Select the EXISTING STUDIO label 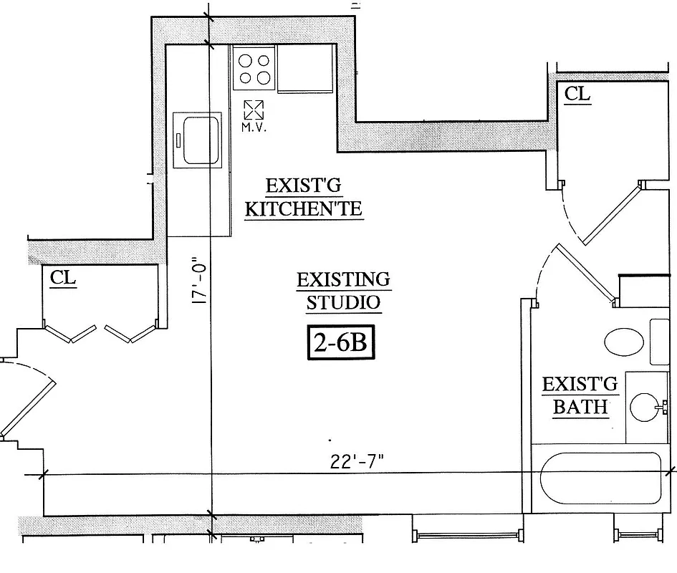pos(343,290)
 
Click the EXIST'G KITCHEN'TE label pos(304,198)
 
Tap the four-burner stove pos(256,69)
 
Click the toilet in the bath pos(625,342)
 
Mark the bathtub pos(600,481)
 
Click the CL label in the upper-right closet pos(577,94)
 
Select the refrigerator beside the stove pos(306,69)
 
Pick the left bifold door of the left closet pos(71,333)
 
